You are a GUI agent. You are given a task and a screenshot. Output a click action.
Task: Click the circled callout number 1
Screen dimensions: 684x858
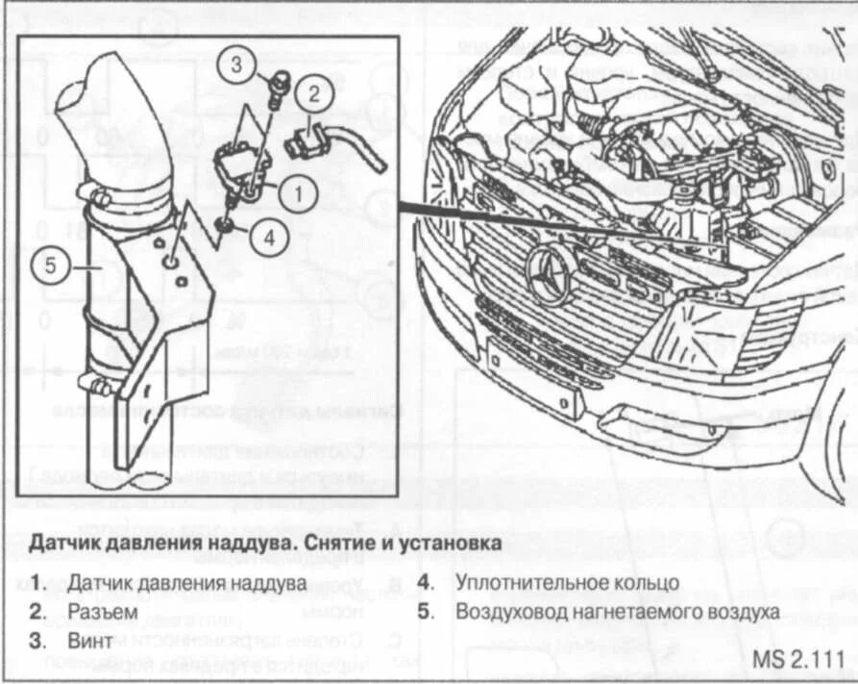click(x=298, y=193)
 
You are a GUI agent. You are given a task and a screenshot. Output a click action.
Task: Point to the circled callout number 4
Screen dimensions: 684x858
click(x=269, y=237)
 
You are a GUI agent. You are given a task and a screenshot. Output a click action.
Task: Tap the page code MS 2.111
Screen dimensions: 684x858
click(x=798, y=662)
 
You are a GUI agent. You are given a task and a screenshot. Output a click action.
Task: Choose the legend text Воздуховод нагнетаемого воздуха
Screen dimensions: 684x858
click(x=617, y=611)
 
